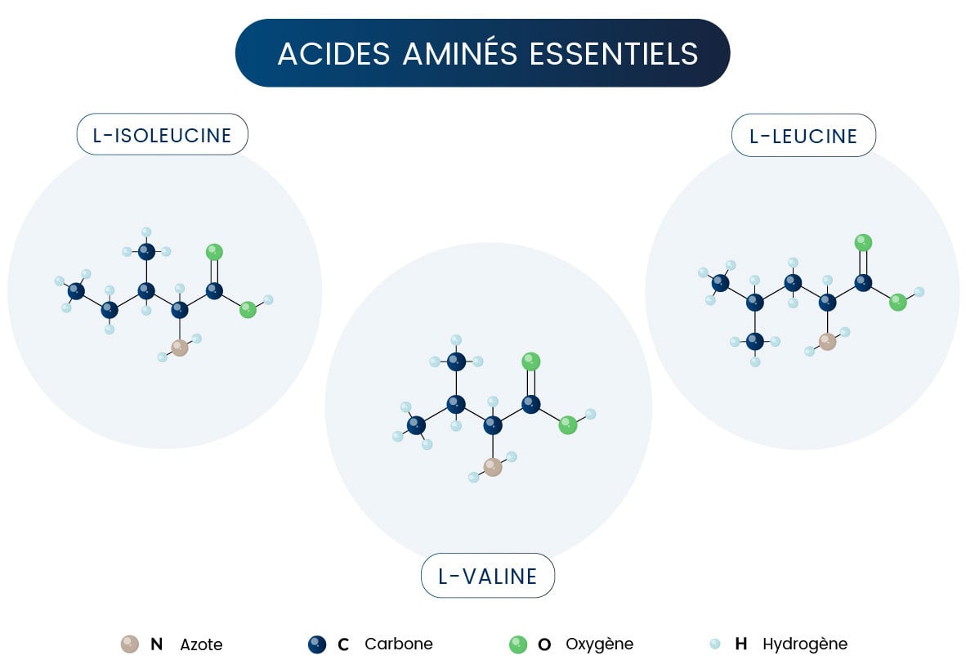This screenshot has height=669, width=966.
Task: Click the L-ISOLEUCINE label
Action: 162,135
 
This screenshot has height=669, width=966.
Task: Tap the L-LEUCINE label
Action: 803,135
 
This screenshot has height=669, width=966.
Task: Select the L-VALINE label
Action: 487,576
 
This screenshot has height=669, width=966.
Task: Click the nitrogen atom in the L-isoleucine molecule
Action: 180,348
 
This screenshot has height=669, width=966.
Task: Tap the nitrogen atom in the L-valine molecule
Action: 492,466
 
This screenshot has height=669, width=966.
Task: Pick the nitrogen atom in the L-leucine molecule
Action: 827,341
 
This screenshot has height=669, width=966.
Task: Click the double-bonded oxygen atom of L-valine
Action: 531,361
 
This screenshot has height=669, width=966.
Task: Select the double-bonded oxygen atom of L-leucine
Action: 863,242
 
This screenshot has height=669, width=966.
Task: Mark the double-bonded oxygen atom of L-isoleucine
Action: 214,251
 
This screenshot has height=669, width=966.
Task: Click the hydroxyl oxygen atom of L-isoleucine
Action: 248,309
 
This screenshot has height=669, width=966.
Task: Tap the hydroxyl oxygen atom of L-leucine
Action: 897,302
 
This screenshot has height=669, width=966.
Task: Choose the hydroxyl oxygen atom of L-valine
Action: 567,424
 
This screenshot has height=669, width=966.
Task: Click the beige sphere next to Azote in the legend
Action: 129,644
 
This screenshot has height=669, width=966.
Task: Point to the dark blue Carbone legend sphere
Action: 317,644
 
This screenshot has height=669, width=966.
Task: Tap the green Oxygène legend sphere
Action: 518,644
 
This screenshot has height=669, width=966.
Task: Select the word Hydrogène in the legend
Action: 804,644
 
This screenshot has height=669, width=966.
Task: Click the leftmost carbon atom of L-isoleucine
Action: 76,290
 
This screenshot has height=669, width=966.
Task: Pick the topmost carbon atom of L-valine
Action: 456,361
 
